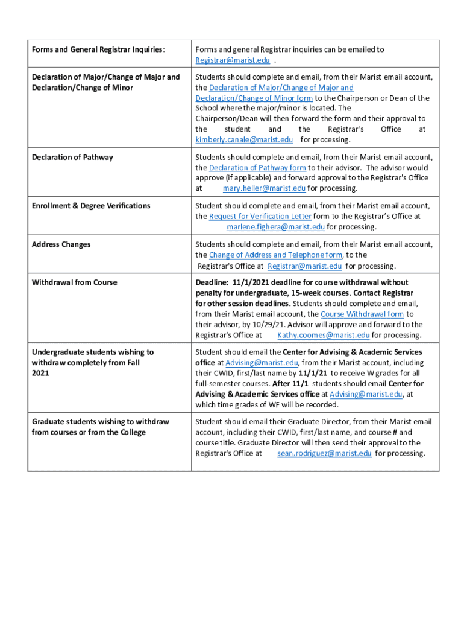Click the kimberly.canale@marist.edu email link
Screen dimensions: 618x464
[244, 140]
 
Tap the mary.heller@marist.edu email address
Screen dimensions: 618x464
[264, 188]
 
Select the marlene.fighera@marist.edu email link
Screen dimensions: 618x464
[275, 227]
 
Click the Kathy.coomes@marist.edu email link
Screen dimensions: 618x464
[323, 336]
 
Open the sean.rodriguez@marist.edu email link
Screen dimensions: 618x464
[324, 453]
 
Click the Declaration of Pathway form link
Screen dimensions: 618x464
[257, 168]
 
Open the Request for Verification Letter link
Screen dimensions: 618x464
[260, 216]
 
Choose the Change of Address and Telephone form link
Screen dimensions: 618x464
[275, 255]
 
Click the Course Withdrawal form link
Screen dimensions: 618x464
[362, 314]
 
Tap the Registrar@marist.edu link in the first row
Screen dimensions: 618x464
[233, 60]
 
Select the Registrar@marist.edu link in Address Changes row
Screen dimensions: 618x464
[304, 266]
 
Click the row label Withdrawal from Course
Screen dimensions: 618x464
[74, 282]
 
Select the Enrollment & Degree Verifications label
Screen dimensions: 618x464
[91, 206]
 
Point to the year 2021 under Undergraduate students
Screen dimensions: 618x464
[41, 373]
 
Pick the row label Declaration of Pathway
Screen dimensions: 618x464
[72, 158]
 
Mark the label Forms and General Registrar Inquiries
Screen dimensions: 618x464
[98, 49]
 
